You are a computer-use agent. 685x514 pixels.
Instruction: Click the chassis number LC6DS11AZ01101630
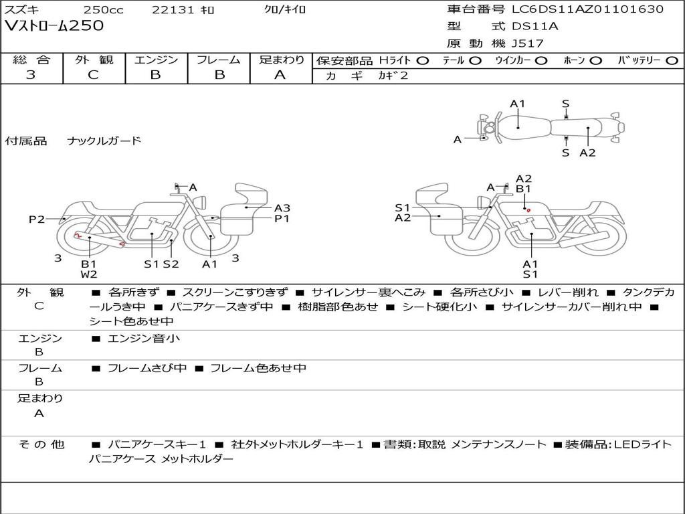587,9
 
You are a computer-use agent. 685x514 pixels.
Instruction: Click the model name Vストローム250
54,26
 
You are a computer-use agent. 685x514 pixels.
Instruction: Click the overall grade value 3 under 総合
31,75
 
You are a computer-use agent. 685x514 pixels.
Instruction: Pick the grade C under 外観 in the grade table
94,75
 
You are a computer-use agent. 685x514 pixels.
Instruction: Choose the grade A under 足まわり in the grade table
280,75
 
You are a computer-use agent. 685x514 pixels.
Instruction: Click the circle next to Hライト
423,61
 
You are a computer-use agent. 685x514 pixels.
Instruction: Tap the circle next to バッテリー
672,61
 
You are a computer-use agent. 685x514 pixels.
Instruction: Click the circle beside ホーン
596,61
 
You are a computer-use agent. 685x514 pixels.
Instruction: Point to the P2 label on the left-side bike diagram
37,219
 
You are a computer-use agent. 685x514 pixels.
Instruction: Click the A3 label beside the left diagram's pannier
282,208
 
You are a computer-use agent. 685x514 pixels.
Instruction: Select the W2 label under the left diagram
89,274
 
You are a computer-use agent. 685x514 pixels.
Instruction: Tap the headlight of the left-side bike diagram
201,202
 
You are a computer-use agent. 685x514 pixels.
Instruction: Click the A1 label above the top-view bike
517,104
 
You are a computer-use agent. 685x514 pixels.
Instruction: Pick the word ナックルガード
104,141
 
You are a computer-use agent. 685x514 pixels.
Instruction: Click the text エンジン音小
144,338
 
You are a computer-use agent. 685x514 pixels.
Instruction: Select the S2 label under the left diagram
171,264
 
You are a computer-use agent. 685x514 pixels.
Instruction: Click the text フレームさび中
147,369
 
